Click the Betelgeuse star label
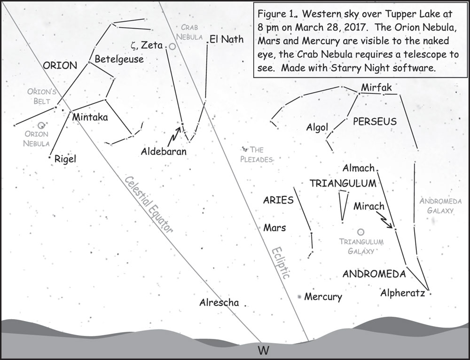(x=119, y=60)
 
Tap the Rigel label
(x=65, y=159)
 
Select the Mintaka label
(x=90, y=117)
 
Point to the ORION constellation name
(x=60, y=66)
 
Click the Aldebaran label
(x=164, y=152)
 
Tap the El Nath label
(x=227, y=39)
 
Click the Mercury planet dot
(x=299, y=297)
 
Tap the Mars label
(x=275, y=228)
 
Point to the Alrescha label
(x=219, y=303)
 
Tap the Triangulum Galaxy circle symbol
(x=361, y=232)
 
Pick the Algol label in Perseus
(x=317, y=127)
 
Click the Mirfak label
(x=376, y=87)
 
